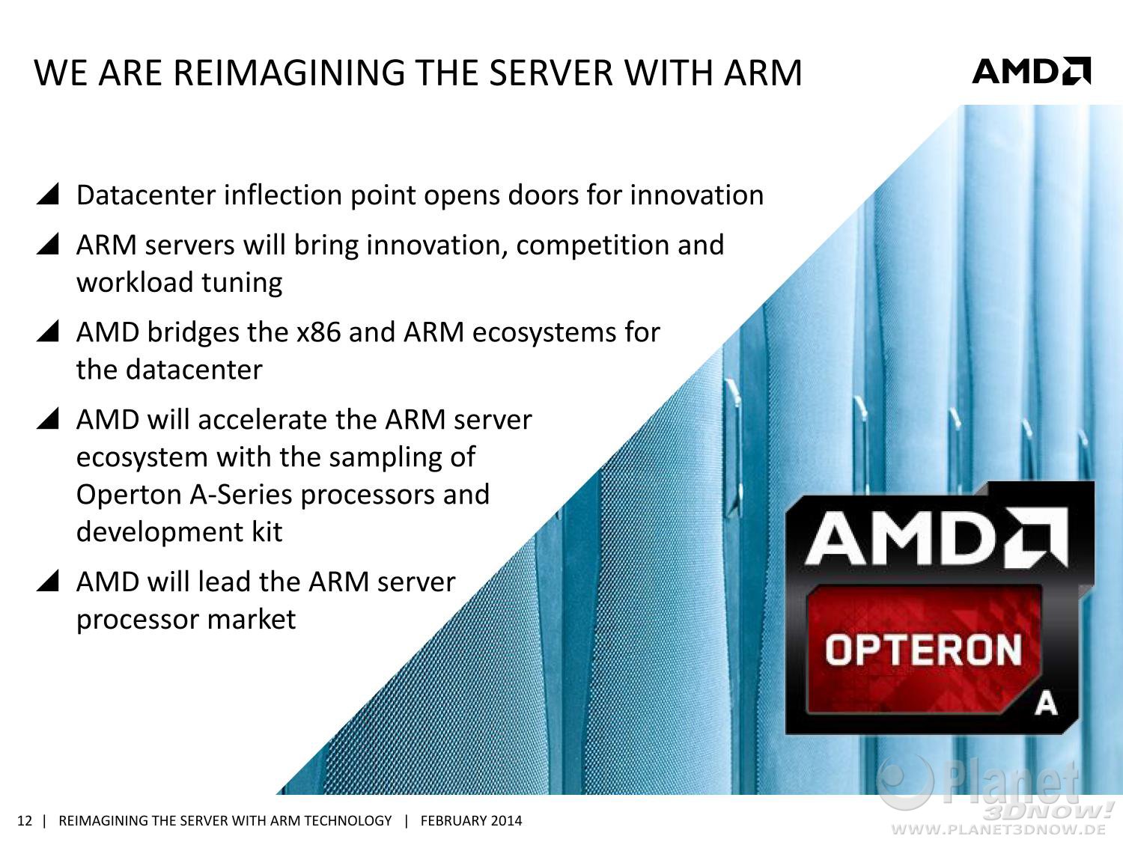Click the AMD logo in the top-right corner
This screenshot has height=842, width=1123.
[1032, 71]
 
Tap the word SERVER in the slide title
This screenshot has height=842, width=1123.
[550, 73]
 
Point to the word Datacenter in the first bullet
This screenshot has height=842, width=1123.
[146, 195]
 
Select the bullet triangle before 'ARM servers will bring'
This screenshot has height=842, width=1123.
[48, 244]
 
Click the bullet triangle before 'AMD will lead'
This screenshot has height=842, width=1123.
[48, 581]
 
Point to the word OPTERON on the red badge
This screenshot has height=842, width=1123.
[923, 650]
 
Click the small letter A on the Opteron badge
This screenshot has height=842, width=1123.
[1046, 705]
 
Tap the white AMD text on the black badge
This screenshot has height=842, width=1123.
[937, 538]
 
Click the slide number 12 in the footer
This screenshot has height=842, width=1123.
[25, 821]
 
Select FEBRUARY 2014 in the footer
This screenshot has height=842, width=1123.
[471, 821]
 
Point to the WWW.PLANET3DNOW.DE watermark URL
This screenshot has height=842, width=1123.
[999, 829]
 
